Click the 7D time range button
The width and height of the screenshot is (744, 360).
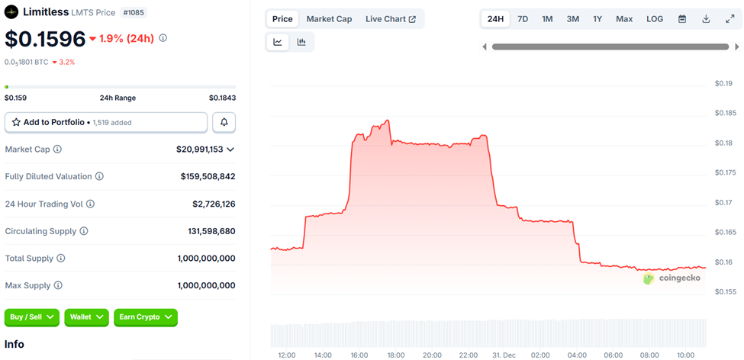point(523,19)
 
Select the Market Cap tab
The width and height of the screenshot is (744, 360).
point(329,19)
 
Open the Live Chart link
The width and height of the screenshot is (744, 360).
point(391,19)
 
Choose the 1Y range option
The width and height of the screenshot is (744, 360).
point(597,19)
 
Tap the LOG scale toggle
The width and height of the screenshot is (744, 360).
point(655,19)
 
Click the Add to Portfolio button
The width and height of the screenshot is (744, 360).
point(106,122)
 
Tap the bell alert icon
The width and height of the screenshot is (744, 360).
point(224,122)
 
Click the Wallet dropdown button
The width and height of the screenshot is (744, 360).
point(88,317)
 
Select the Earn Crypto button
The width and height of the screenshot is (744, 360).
point(146,317)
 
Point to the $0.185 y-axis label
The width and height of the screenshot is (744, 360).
point(725,113)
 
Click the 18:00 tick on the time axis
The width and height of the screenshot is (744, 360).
point(396,355)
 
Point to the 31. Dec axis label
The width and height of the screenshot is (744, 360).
point(504,355)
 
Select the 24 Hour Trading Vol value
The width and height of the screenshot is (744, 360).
point(214,204)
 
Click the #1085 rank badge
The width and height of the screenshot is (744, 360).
point(133,12)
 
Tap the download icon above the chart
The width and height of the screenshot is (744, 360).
point(706,19)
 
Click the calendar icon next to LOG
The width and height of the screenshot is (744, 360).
point(682,19)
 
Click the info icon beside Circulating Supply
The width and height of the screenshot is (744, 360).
point(84,231)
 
